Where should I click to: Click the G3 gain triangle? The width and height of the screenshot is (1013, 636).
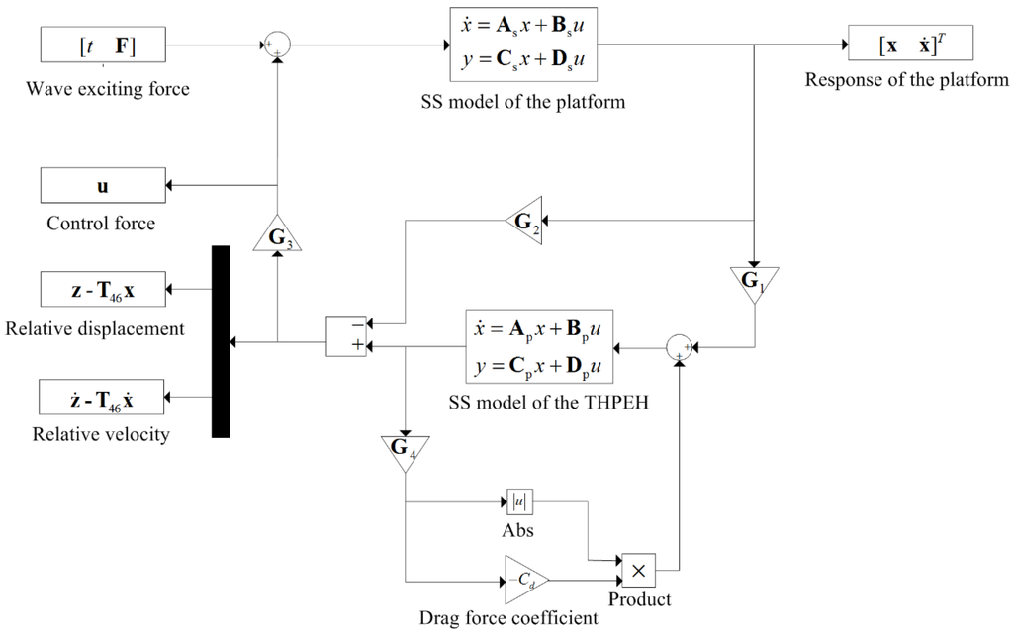click(277, 237)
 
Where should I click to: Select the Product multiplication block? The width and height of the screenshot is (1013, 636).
click(638, 570)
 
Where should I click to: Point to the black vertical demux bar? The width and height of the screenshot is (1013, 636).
click(221, 341)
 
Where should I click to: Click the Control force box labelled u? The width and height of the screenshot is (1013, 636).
click(103, 185)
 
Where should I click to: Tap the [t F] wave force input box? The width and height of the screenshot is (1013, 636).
click(103, 45)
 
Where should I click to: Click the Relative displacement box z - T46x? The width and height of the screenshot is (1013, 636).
click(103, 288)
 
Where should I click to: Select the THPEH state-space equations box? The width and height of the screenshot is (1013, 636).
click(538, 348)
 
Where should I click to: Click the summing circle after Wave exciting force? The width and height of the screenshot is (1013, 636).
click(277, 45)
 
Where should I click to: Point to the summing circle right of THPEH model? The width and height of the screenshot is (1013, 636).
click(680, 347)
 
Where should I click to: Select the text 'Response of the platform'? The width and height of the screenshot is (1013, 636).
click(906, 80)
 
